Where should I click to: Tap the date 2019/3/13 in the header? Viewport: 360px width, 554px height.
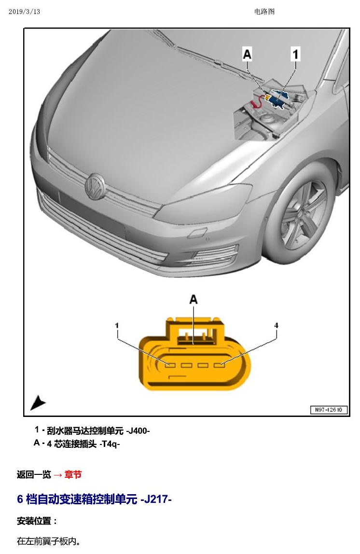(x=25, y=12)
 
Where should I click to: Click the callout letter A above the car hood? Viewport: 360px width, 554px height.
(x=247, y=54)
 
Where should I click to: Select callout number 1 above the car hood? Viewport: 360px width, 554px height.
(x=295, y=54)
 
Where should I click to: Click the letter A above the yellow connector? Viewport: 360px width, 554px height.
(x=193, y=299)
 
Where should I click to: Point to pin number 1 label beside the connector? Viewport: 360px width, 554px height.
(x=117, y=325)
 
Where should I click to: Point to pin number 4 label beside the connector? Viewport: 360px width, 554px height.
(x=276, y=325)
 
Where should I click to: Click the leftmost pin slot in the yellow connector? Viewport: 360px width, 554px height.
(x=170, y=365)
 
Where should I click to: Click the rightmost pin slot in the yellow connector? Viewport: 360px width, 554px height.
(x=220, y=365)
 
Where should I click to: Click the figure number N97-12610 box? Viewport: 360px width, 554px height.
(x=329, y=410)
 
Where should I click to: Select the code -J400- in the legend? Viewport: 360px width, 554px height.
(x=138, y=430)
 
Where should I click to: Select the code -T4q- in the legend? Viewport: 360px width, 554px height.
(x=110, y=444)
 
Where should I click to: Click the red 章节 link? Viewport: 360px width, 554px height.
(x=73, y=474)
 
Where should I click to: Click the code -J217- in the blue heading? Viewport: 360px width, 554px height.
(x=156, y=499)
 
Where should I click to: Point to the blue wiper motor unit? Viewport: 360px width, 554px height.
(x=278, y=98)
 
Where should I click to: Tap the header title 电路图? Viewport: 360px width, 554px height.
(x=264, y=12)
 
